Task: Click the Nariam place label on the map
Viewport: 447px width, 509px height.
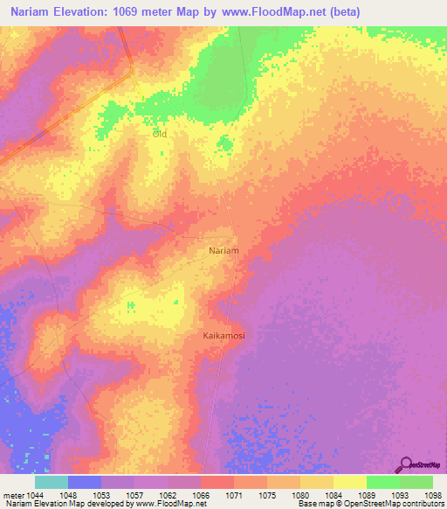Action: tap(224, 250)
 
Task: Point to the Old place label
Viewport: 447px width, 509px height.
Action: tap(159, 134)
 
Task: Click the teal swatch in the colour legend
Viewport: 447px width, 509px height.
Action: tap(52, 482)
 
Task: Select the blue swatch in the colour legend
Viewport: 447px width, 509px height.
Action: tap(85, 482)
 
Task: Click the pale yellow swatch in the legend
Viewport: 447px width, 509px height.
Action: tap(350, 482)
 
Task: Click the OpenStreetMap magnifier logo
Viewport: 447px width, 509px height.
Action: tap(405, 464)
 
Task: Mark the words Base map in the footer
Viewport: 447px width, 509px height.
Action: tap(315, 504)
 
